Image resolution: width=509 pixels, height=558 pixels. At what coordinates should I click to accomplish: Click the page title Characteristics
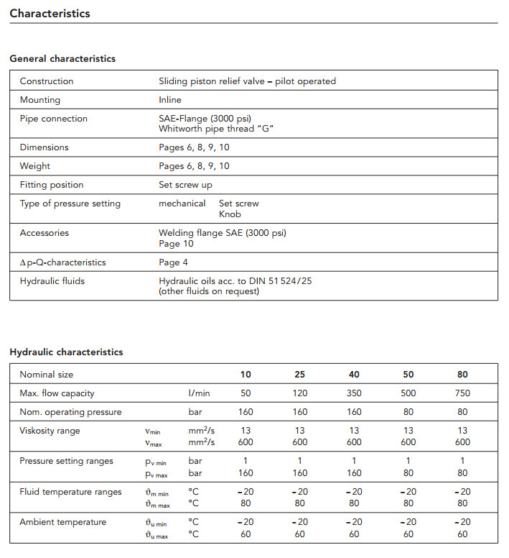click(x=50, y=13)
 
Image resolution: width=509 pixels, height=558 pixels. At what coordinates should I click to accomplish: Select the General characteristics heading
click(x=62, y=58)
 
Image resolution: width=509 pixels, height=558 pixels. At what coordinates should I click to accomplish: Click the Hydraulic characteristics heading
click(x=66, y=352)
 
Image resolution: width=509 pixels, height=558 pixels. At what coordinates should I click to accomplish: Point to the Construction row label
click(x=47, y=81)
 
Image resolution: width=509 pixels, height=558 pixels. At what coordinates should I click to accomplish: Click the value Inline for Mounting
click(x=170, y=100)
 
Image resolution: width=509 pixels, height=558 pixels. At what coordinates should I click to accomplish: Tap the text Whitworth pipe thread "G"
click(x=217, y=129)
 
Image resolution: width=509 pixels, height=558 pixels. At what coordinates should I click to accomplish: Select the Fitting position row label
click(x=52, y=185)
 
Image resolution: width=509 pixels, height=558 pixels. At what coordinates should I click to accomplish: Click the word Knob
click(x=230, y=214)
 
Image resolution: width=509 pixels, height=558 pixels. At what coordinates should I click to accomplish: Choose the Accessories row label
click(x=44, y=233)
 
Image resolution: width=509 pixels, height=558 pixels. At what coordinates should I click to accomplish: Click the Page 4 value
click(x=173, y=262)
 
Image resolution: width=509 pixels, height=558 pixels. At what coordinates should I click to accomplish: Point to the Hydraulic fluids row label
click(x=52, y=281)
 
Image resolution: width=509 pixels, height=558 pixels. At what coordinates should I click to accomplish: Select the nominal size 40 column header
click(x=354, y=375)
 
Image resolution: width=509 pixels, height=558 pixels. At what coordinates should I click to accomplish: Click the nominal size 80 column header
click(x=462, y=375)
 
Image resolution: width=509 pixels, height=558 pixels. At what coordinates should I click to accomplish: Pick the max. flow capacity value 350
click(x=354, y=393)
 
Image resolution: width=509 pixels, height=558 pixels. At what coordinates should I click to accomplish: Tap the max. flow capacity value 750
click(x=462, y=393)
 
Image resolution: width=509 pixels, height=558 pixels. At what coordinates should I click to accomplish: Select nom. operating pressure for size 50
click(x=408, y=412)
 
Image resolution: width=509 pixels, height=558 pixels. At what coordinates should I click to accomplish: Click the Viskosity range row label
click(x=50, y=431)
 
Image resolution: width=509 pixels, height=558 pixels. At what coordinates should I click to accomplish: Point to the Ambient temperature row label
click(x=62, y=522)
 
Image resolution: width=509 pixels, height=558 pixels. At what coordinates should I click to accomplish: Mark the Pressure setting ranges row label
click(x=66, y=461)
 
